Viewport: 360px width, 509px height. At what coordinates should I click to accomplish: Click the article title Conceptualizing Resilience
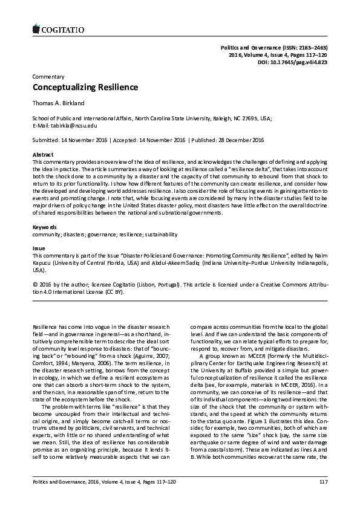pos(85,88)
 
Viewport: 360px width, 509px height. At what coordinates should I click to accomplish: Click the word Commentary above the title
pos(48,77)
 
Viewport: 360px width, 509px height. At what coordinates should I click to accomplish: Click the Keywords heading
pos(45,227)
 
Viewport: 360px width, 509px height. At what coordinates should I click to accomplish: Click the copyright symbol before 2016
pos(34,284)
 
